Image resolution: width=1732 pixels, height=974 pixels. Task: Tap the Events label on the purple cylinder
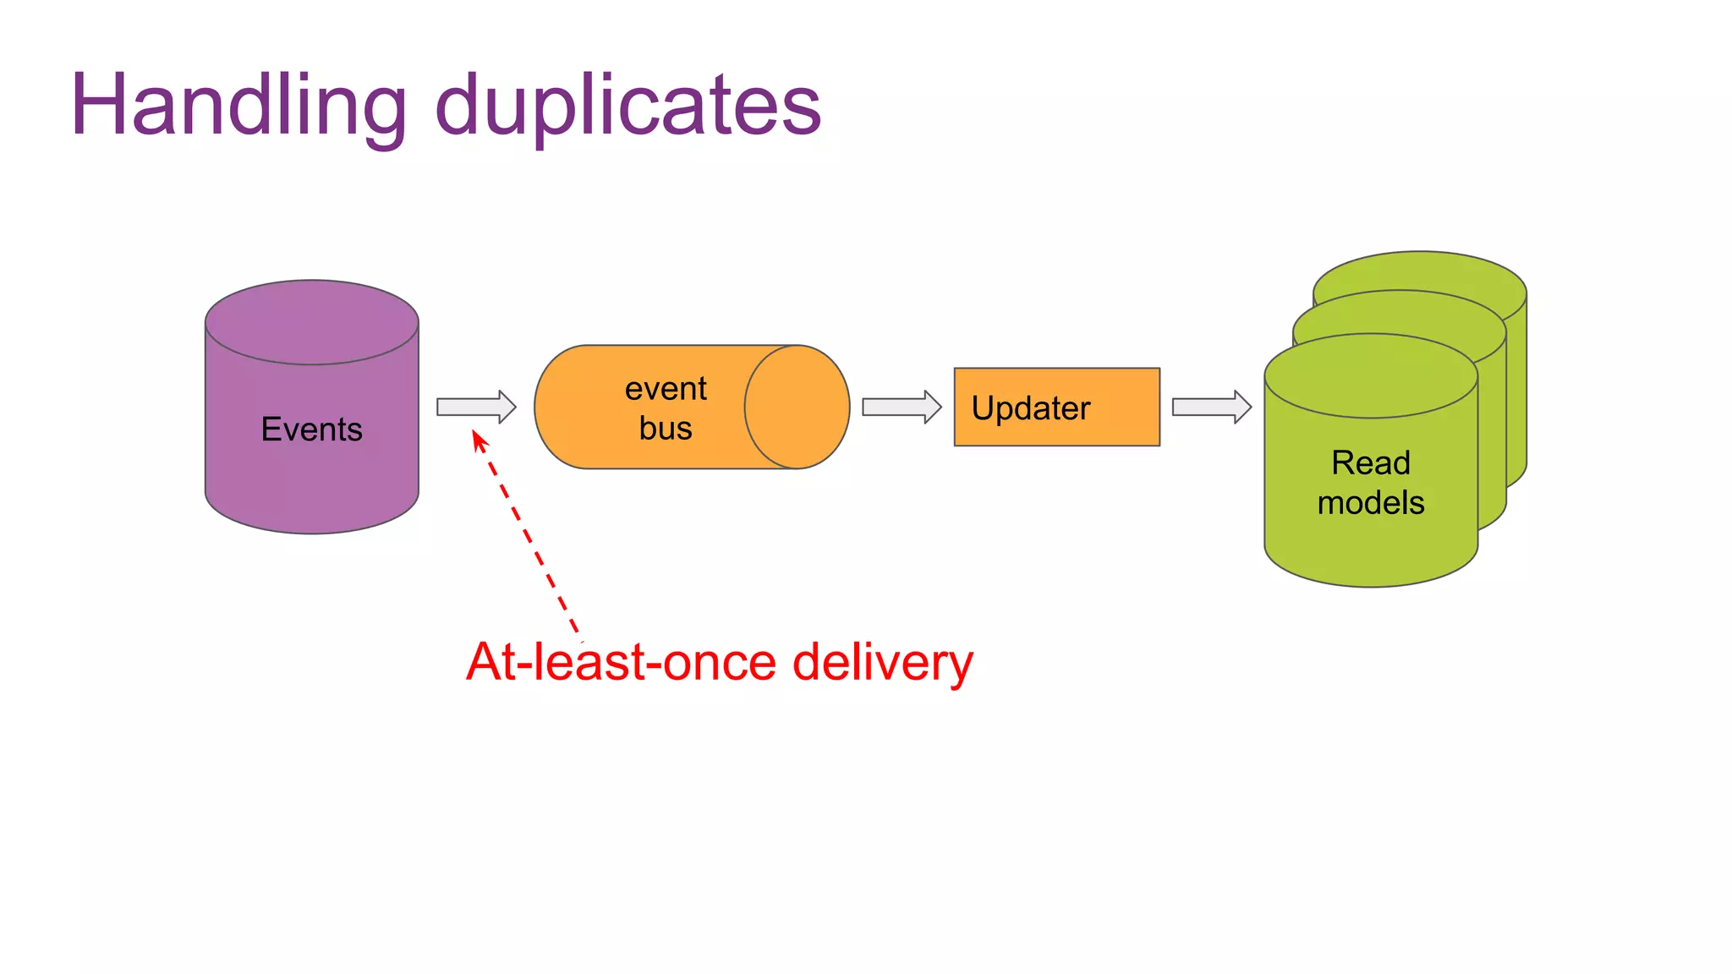pyautogui.click(x=311, y=430)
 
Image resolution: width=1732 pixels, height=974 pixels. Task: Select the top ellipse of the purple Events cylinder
pyautogui.click(x=311, y=322)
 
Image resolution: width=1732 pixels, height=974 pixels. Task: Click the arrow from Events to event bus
pyautogui.click(x=476, y=407)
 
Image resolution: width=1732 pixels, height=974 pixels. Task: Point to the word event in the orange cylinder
pyautogui.click(x=666, y=389)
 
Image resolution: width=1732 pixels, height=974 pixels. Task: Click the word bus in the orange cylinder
pyautogui.click(x=666, y=428)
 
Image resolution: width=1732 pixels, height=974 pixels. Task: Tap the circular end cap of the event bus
pyautogui.click(x=797, y=407)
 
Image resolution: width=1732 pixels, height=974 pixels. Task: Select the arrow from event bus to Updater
pyautogui.click(x=902, y=407)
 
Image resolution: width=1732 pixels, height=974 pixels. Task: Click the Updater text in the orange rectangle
pyautogui.click(x=1031, y=408)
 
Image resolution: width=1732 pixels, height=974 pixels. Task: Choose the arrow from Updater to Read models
pyautogui.click(x=1211, y=407)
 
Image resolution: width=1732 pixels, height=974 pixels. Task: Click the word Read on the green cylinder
pyautogui.click(x=1370, y=462)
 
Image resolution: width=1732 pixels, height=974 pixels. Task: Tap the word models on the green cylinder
pyautogui.click(x=1370, y=502)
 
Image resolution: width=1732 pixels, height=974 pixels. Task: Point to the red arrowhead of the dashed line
pyautogui.click(x=479, y=440)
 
